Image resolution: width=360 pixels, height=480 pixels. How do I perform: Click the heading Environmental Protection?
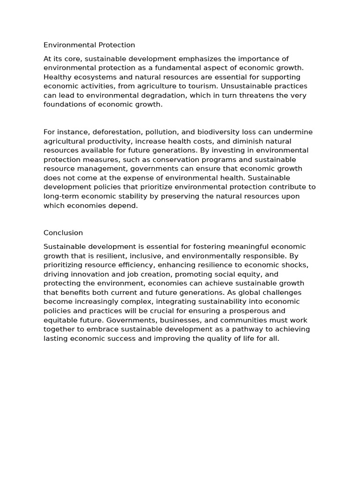[89, 45]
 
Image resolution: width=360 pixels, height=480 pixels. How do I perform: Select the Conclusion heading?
[63, 232]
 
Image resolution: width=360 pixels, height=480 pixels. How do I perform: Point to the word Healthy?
[57, 77]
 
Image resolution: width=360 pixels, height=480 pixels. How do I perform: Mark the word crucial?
[187, 311]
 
